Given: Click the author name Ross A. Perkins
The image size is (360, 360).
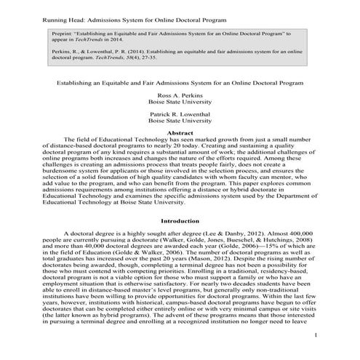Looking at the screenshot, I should (x=180, y=95).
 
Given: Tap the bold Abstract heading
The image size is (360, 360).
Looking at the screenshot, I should (x=180, y=132).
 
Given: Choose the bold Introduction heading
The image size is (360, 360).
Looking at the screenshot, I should (x=180, y=219).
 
